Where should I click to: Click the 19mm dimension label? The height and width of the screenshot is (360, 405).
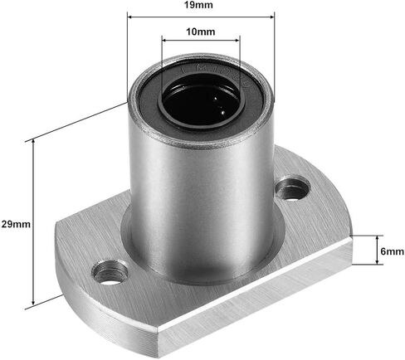pos(199,5)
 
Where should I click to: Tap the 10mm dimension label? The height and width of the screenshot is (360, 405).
pos(201,32)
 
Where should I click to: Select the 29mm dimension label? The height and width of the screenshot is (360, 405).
pos(16,224)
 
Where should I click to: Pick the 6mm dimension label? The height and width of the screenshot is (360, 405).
pos(393,251)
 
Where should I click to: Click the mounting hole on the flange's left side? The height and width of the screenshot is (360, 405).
pos(110,272)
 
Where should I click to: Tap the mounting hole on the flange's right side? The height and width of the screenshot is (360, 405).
pos(292,189)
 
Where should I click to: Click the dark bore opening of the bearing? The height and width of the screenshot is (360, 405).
pos(201,103)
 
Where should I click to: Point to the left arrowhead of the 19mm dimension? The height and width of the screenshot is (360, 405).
pos(131,17)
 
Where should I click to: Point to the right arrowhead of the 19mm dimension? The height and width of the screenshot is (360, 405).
pos(271,17)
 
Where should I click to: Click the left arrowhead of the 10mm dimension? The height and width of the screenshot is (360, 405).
pos(165,41)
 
